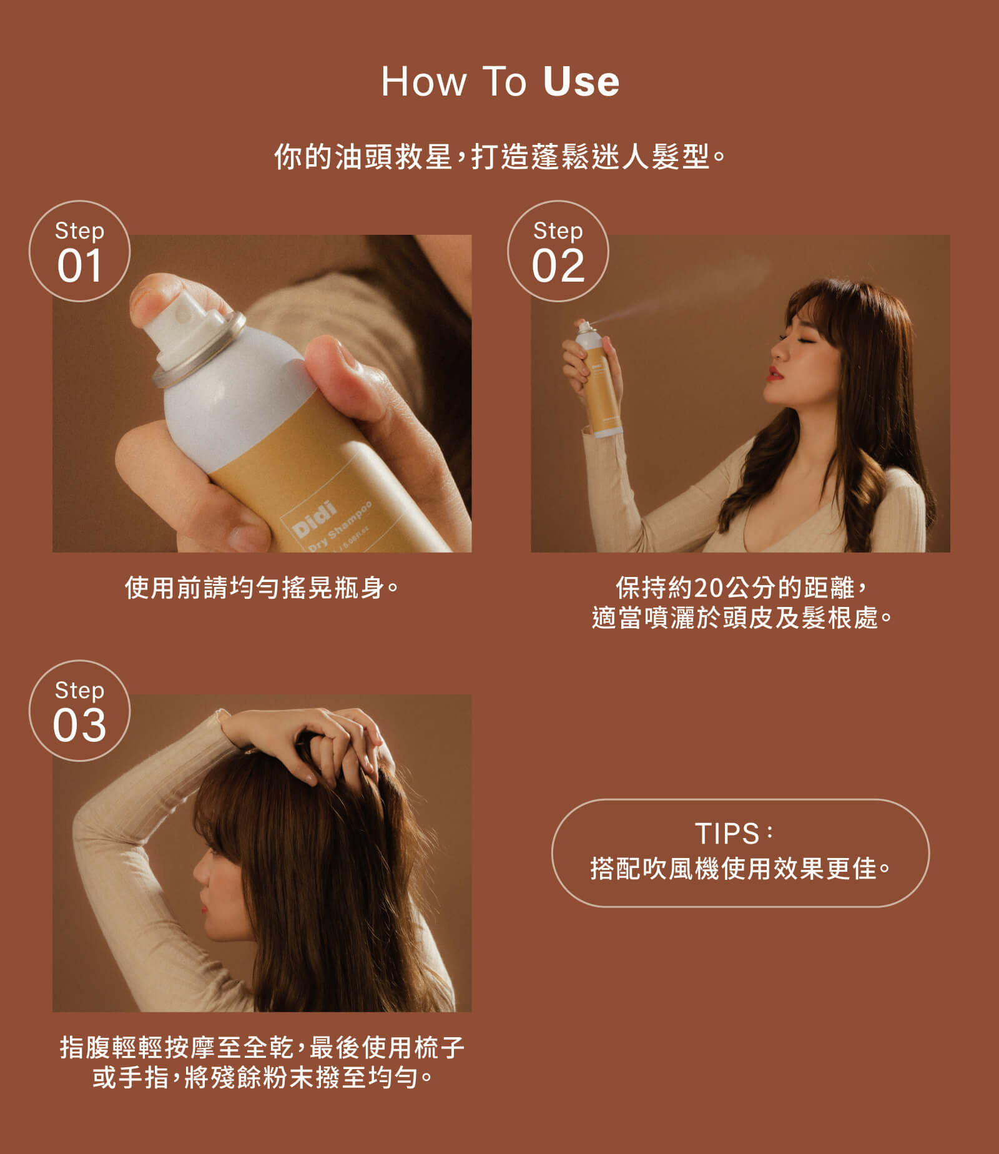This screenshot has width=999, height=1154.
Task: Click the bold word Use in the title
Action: pyautogui.click(x=581, y=81)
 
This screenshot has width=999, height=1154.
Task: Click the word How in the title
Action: pyautogui.click(x=424, y=81)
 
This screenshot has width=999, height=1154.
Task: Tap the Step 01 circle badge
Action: pyautogui.click(x=80, y=251)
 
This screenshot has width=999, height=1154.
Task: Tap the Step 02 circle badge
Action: pyautogui.click(x=558, y=251)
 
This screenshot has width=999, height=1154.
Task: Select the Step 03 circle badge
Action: pyautogui.click(x=80, y=711)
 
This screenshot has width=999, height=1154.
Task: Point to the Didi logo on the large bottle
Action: pyautogui.click(x=314, y=519)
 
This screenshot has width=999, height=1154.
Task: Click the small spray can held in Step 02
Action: pyautogui.click(x=598, y=379)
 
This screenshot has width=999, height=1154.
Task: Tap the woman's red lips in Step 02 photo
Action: pyautogui.click(x=774, y=373)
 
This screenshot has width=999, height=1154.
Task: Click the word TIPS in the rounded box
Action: pyautogui.click(x=727, y=833)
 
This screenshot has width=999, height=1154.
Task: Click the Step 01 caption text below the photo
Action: pyautogui.click(x=262, y=588)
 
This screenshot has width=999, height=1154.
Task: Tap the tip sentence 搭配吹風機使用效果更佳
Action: pyautogui.click(x=740, y=869)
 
